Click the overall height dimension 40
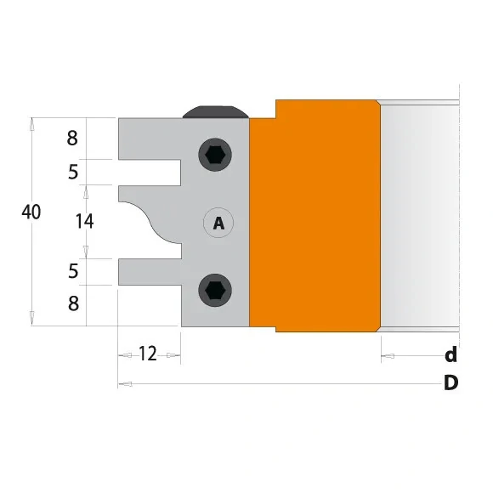(x=31, y=212)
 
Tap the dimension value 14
(x=84, y=221)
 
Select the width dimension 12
(x=147, y=354)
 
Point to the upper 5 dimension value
(x=73, y=173)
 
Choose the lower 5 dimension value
(x=73, y=272)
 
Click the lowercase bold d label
(x=450, y=354)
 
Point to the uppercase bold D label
(x=450, y=383)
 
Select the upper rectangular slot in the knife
(x=151, y=172)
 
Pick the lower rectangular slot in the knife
(x=151, y=272)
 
